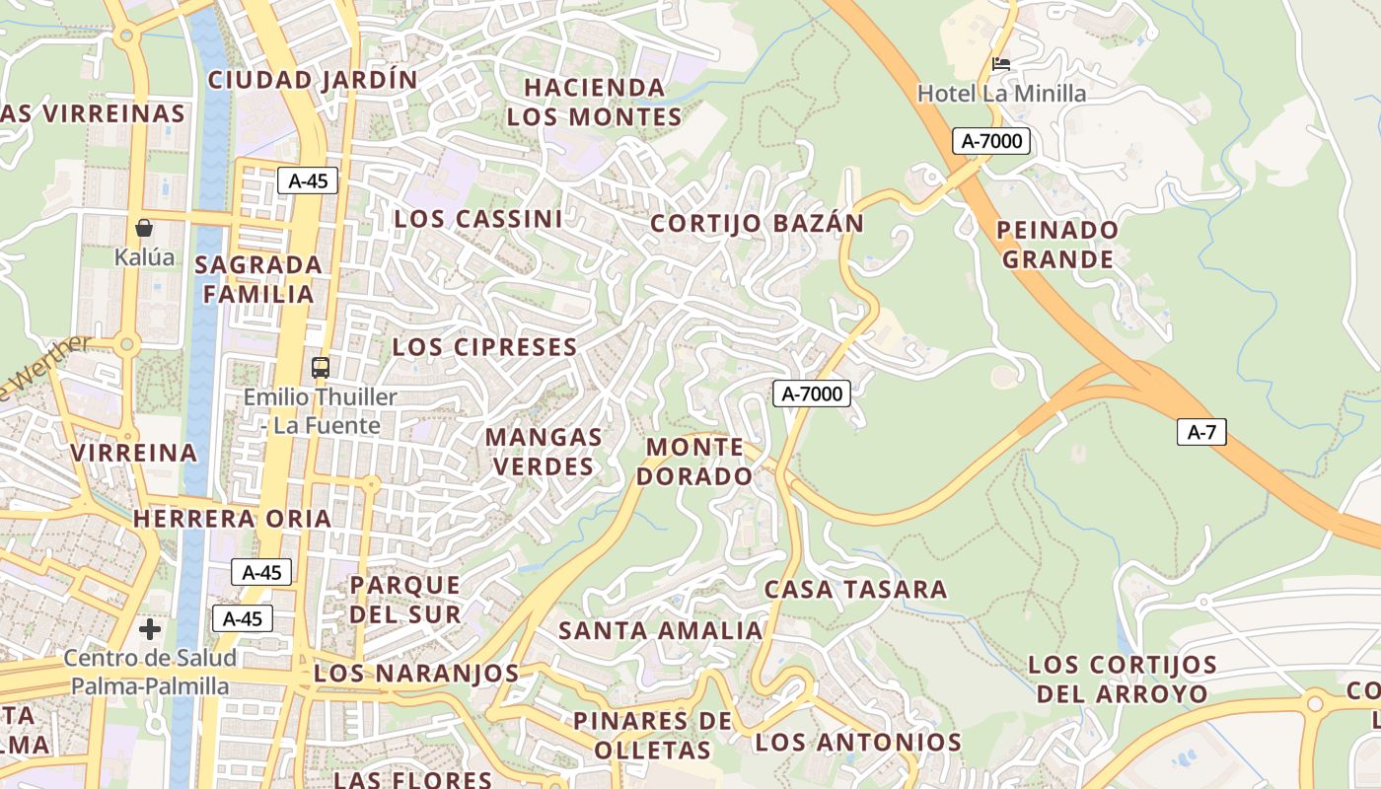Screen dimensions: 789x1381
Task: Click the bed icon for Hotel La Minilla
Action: click(x=1001, y=64)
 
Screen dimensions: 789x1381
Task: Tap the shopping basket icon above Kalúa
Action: click(x=144, y=228)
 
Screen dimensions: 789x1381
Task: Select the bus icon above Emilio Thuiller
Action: click(x=321, y=368)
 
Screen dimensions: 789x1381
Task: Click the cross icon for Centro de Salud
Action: click(x=150, y=629)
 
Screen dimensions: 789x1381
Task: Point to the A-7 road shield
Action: click(x=1200, y=432)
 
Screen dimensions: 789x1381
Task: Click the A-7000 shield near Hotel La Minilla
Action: click(x=991, y=141)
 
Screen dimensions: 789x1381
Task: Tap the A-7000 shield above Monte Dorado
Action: click(x=811, y=394)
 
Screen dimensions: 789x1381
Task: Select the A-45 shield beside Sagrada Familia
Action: click(x=308, y=180)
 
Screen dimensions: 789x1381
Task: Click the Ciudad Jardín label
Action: click(x=313, y=80)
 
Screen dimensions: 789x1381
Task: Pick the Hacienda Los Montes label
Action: click(x=594, y=103)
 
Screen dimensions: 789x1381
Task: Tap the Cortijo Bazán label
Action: click(x=757, y=224)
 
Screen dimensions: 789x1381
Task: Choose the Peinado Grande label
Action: click(x=1057, y=245)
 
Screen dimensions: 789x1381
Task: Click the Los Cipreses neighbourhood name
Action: click(x=484, y=347)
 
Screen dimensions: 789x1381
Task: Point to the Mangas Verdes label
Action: click(x=544, y=451)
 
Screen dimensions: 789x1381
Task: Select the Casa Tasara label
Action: click(x=855, y=590)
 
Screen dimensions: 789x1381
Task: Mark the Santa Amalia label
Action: click(x=661, y=630)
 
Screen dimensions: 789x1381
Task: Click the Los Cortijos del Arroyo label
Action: click(x=1123, y=679)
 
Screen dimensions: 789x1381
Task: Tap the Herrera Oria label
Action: click(x=232, y=519)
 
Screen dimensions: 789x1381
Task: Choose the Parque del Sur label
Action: click(x=405, y=600)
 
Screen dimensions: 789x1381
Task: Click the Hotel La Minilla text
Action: click(x=1001, y=94)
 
